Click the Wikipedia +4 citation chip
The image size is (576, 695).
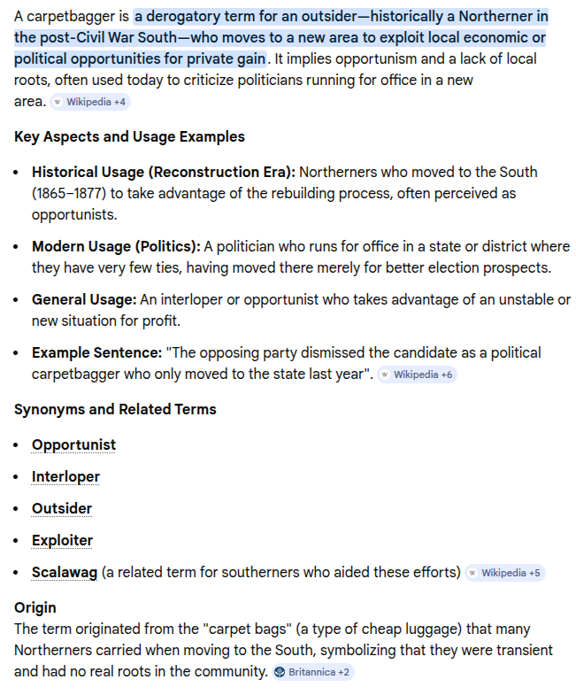[x=89, y=102]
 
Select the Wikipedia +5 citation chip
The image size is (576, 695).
[x=504, y=573]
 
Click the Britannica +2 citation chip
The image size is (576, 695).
[x=312, y=672]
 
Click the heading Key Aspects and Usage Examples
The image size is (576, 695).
[x=129, y=136]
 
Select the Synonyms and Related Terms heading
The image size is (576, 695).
[x=115, y=409]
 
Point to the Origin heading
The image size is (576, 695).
[x=35, y=607]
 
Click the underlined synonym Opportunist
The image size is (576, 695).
[x=73, y=444]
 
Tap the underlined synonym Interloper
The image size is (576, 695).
[x=65, y=476]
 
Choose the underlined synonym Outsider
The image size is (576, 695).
[x=62, y=508]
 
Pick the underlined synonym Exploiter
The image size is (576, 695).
[x=62, y=540]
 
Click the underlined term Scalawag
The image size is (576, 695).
[x=65, y=572]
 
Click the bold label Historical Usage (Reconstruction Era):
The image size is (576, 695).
[x=164, y=172]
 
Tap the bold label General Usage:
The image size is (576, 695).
[x=84, y=299]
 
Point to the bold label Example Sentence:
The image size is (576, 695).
[x=96, y=352]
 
